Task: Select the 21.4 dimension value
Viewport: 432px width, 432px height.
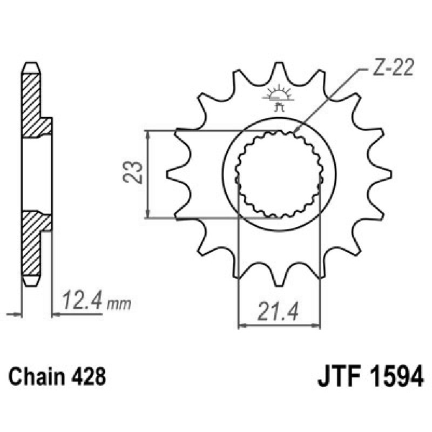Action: point(279,312)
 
